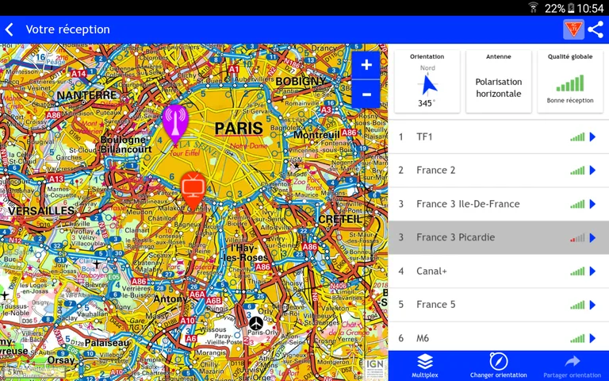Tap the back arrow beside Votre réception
tap(10, 29)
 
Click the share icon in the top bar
tap(596, 29)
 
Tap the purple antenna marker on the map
tap(174, 121)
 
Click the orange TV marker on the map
tap(193, 188)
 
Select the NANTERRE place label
tap(86, 95)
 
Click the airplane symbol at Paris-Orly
tap(255, 323)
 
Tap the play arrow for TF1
tap(592, 137)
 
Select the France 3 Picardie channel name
tap(455, 237)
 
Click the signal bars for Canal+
tap(576, 271)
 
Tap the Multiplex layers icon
tap(425, 361)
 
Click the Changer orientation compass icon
tap(498, 361)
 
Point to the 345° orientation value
tap(427, 103)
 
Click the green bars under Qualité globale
tap(569, 83)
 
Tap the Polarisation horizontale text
tap(498, 87)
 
